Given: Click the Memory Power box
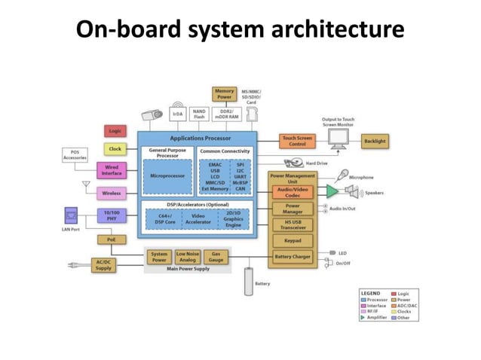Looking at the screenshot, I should (x=224, y=93).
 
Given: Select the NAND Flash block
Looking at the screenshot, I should (x=199, y=114).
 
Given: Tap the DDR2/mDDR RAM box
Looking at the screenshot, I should (x=225, y=114).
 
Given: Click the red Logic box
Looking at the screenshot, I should (x=115, y=131).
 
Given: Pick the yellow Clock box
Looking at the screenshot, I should (x=115, y=149).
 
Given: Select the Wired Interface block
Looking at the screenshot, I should (x=112, y=170).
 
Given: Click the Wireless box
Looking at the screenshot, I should (x=112, y=193).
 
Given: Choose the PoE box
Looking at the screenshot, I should (x=112, y=239).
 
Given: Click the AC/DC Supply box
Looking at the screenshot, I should (x=103, y=264).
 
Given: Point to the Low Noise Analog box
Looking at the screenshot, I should (x=188, y=258).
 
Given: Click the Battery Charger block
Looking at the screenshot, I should (x=292, y=258).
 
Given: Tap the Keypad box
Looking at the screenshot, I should (x=292, y=240).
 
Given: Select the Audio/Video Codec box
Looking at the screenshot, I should (x=292, y=191).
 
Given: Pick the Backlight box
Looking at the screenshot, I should (x=375, y=141).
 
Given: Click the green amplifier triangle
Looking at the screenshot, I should (x=332, y=191).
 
